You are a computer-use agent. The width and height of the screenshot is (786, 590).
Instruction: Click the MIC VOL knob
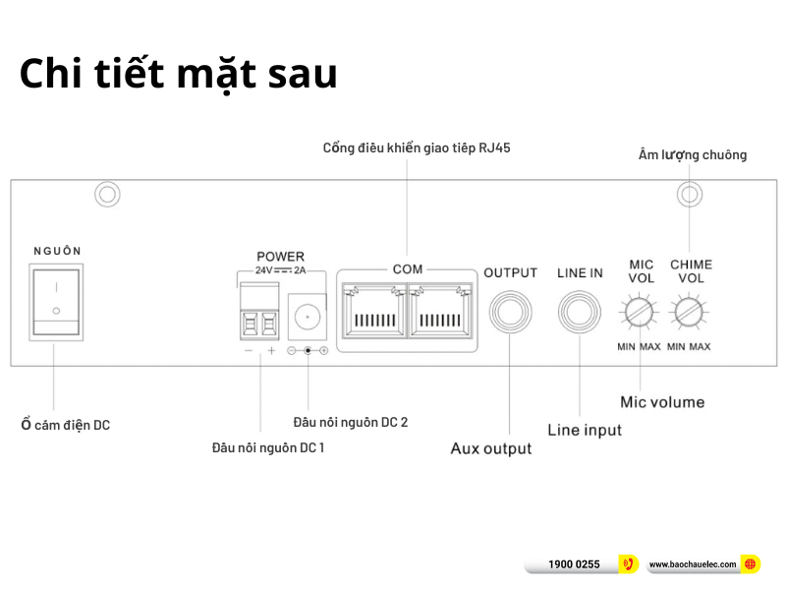639,315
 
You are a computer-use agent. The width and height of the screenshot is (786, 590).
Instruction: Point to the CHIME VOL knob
689,315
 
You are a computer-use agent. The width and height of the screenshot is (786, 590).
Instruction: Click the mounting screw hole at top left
107,194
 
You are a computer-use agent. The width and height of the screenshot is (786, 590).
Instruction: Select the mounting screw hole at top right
690,194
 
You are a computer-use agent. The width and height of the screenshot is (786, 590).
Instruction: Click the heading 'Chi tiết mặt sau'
178,76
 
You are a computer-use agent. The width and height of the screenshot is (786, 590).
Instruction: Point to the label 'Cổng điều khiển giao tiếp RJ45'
416,147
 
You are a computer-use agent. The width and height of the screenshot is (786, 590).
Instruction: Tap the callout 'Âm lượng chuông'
692,154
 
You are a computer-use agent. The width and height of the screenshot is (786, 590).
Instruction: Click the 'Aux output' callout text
490,448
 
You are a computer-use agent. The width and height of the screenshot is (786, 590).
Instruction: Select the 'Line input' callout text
584,430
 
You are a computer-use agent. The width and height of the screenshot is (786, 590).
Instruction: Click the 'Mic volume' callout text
661,402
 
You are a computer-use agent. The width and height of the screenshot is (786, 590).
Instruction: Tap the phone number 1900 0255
574,564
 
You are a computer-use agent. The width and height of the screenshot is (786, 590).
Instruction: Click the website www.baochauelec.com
693,564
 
